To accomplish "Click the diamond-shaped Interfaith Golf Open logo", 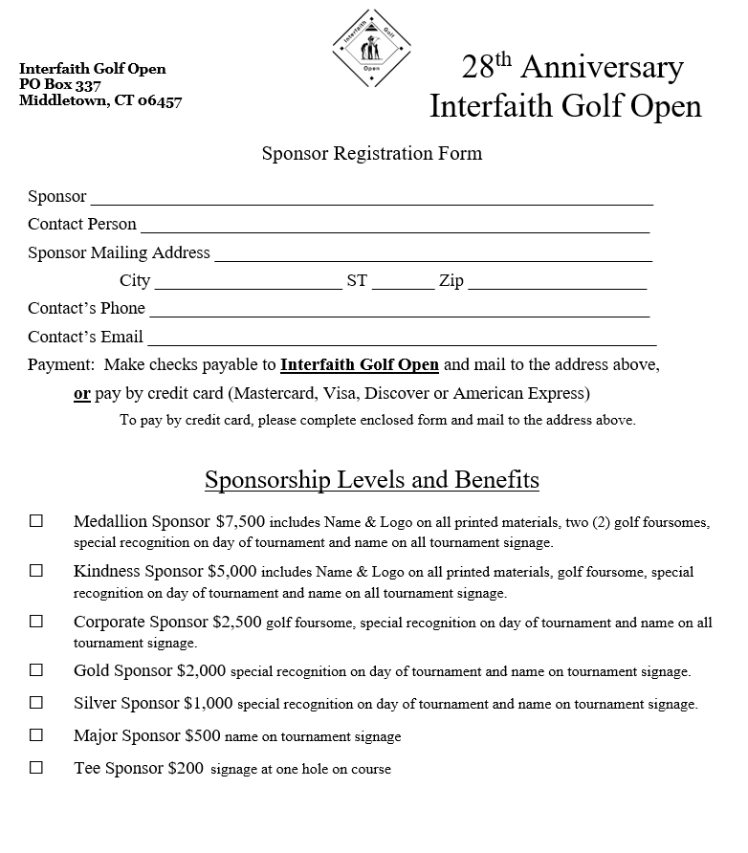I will [x=372, y=47].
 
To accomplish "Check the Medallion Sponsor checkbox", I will [x=36, y=521].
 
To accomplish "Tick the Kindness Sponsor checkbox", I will [x=36, y=571].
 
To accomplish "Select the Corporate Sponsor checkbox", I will [x=36, y=621].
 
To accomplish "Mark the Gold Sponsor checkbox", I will [x=36, y=670].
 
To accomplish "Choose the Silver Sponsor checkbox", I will [x=36, y=702].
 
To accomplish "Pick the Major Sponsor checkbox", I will [x=36, y=735].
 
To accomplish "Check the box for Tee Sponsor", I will [x=36, y=767].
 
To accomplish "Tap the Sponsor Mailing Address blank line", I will [x=432, y=255].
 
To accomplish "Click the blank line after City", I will [x=247, y=283].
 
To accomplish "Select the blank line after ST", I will [x=403, y=283].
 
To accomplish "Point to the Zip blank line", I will [x=557, y=283].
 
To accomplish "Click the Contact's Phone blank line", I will [x=399, y=311].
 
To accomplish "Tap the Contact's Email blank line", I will [x=402, y=339].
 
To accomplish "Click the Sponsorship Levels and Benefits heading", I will [x=372, y=479].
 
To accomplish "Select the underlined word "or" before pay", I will [x=82, y=393].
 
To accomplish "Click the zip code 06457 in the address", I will [x=159, y=100].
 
